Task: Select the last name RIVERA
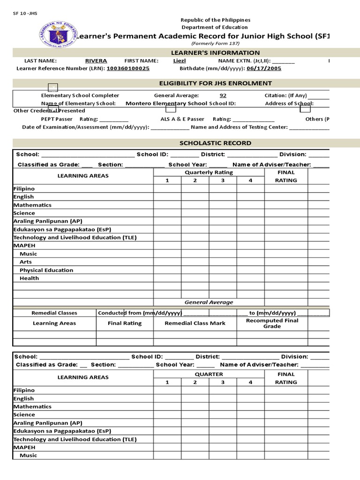point(96,61)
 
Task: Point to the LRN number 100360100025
point(128,68)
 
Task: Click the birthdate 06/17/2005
point(265,68)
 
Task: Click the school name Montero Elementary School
point(166,103)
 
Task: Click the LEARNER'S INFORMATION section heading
point(216,53)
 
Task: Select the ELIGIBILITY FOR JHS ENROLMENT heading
point(216,83)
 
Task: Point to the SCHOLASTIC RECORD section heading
point(216,143)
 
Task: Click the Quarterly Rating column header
point(209,172)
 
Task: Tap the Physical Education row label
point(46,270)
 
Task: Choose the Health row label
point(29,278)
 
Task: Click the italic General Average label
point(209,302)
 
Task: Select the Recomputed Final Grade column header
point(272,323)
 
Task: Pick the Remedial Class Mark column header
point(195,323)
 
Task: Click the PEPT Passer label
point(57,119)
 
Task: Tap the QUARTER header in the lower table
point(209,374)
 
